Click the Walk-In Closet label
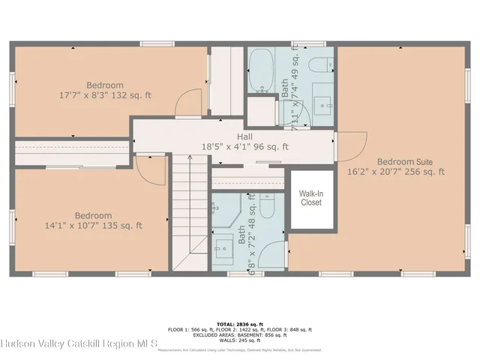(310, 197)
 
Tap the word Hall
(244, 136)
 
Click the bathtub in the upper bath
(262, 71)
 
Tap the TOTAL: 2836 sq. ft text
(240, 323)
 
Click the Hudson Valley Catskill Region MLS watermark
(79, 345)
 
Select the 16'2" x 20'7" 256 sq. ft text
(395, 172)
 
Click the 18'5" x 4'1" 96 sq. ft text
(244, 147)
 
